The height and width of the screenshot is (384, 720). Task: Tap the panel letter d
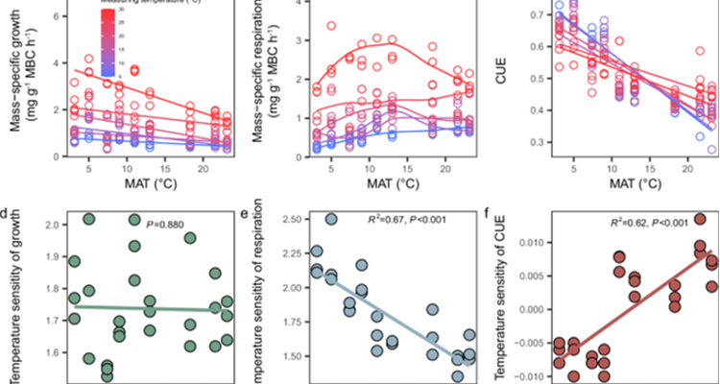coord(7,202)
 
